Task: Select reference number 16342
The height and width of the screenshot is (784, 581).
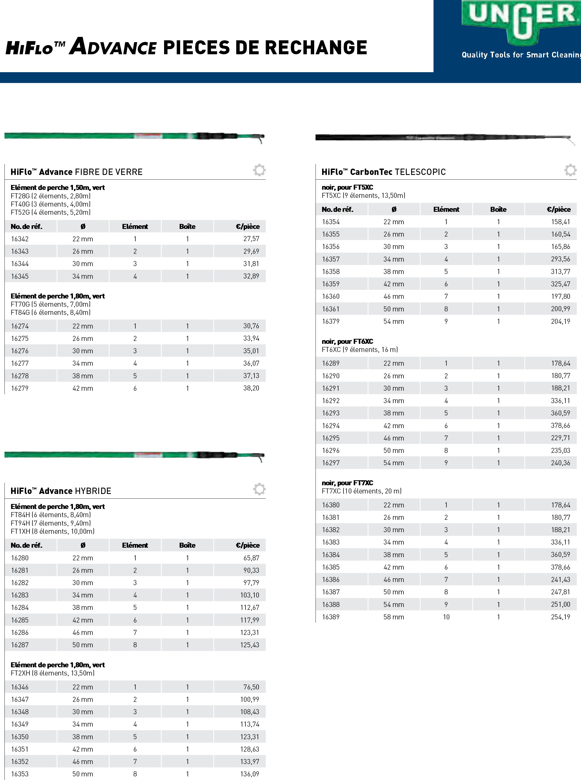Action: point(20,239)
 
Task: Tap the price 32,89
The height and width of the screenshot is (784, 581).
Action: point(251,276)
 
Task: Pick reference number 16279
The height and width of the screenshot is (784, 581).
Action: point(20,388)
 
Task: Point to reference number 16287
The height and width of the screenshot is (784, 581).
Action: point(20,645)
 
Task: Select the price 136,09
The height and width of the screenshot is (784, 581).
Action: point(250,774)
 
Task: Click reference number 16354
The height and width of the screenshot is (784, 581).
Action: point(331,222)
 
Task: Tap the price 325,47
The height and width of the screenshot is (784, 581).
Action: point(561,284)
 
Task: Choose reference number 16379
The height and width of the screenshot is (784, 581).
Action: point(331,321)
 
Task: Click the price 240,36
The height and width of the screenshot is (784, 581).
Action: point(561,463)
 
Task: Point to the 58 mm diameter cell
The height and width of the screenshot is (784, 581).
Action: point(393,617)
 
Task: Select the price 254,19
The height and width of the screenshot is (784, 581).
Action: point(561,617)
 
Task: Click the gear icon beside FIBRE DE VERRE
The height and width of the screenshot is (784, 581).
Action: point(259,170)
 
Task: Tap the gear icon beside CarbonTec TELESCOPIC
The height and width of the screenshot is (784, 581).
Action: point(570,170)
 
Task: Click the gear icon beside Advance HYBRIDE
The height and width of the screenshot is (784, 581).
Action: point(259,489)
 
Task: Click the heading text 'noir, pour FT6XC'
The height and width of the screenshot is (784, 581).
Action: point(347,341)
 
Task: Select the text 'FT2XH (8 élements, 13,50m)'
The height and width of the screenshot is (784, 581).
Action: point(53,673)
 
